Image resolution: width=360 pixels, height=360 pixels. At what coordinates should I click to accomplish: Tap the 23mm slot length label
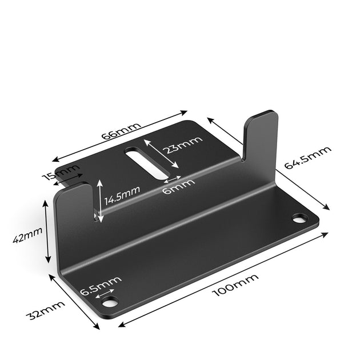pyautogui.click(x=182, y=146)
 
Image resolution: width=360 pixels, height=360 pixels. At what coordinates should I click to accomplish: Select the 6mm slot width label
pyautogui.click(x=178, y=186)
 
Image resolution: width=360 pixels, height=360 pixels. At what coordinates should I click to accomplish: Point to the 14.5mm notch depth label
pyautogui.click(x=122, y=194)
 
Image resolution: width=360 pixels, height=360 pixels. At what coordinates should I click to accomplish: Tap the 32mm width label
pyautogui.click(x=45, y=311)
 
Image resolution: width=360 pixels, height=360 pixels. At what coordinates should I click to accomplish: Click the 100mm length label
pyautogui.click(x=235, y=285)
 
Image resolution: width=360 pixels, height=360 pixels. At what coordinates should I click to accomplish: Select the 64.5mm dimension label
pyautogui.click(x=307, y=158)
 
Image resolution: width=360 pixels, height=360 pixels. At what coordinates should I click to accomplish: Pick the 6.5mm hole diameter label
pyautogui.click(x=101, y=285)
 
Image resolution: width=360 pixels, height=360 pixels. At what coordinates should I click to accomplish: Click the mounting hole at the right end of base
pyautogui.click(x=299, y=218)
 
